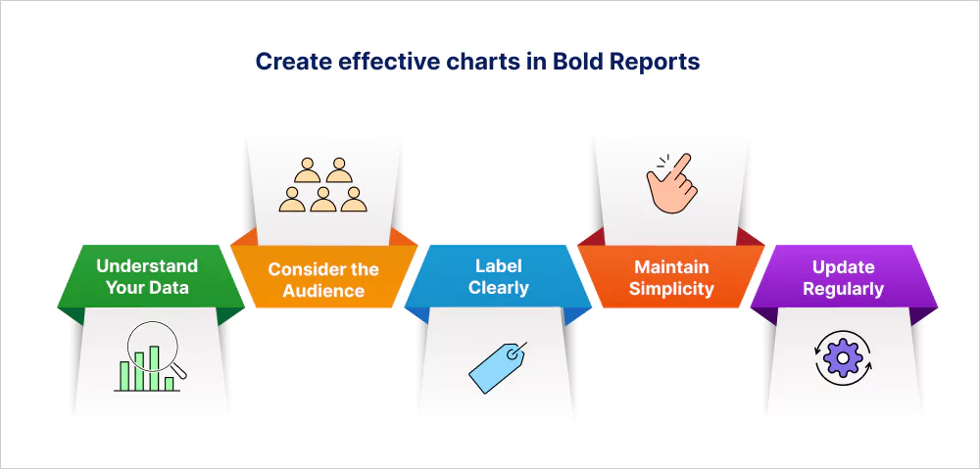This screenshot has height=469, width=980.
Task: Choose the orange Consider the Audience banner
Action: click(323, 277)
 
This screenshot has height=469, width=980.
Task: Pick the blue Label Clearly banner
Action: click(498, 277)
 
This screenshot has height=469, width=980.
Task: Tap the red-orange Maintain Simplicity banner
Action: click(671, 277)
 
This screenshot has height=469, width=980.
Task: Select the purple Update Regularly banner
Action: click(844, 277)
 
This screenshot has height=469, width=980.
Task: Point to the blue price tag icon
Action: click(498, 367)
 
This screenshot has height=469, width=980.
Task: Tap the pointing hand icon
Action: click(669, 183)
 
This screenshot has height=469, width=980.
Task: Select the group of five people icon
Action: click(323, 184)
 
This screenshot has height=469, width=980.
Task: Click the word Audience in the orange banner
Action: click(323, 290)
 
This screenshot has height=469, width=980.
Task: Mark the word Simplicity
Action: click(671, 289)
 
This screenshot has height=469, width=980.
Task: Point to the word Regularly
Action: click(843, 289)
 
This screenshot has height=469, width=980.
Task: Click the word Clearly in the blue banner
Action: click(499, 288)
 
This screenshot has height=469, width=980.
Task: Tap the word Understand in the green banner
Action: click(147, 266)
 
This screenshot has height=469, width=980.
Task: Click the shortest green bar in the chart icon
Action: click(169, 384)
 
